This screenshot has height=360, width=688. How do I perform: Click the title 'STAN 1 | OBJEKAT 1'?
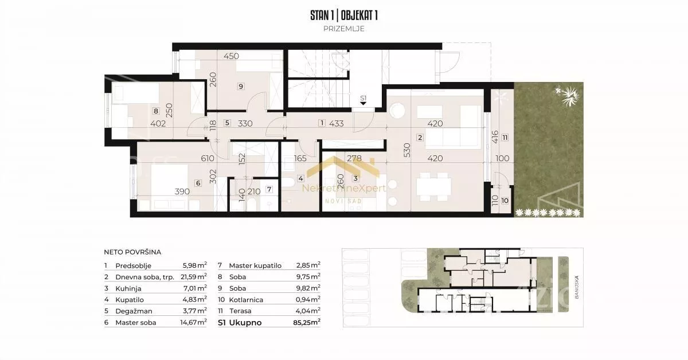(x=344, y=15)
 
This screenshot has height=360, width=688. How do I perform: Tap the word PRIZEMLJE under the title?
(x=344, y=29)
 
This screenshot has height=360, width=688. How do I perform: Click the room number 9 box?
(x=241, y=87)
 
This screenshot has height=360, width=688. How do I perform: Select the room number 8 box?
(x=156, y=111)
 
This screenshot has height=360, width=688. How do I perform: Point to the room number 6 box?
(x=198, y=183)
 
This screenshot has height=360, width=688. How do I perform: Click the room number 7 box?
(x=269, y=189)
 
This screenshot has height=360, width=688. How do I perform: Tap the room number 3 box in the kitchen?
(x=355, y=178)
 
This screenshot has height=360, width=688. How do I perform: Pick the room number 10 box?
(x=505, y=201)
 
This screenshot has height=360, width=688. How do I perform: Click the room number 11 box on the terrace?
(x=505, y=138)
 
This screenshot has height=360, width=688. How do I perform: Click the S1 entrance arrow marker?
(x=363, y=104)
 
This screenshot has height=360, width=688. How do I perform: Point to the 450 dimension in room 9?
(x=231, y=56)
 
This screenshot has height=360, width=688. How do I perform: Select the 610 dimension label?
(x=208, y=158)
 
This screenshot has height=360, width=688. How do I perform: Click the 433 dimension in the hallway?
(x=337, y=123)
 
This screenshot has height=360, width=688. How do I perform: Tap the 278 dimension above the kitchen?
(x=354, y=158)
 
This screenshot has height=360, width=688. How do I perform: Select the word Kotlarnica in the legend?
(x=246, y=300)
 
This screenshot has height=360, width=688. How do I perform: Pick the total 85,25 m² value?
(x=307, y=323)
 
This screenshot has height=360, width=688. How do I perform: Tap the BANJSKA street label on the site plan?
(x=577, y=287)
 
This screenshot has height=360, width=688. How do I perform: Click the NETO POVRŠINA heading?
(x=132, y=252)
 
